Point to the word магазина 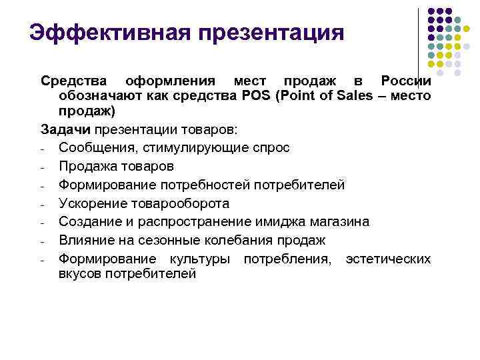tap(339, 221)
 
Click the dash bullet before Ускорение tap(42, 204)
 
